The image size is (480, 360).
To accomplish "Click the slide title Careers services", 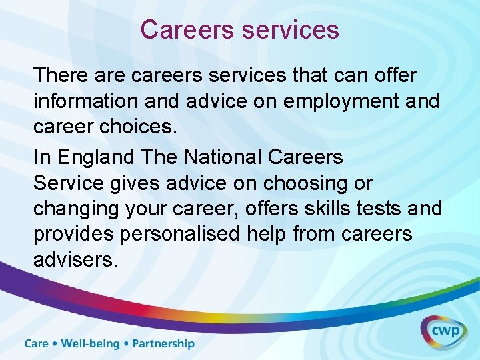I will point(239,30).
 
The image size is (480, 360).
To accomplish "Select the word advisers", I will point(75,260).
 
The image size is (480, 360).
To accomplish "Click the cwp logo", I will point(443,331).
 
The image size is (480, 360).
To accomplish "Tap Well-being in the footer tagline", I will point(89,344).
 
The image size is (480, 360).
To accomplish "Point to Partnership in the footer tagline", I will point(163,344).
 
